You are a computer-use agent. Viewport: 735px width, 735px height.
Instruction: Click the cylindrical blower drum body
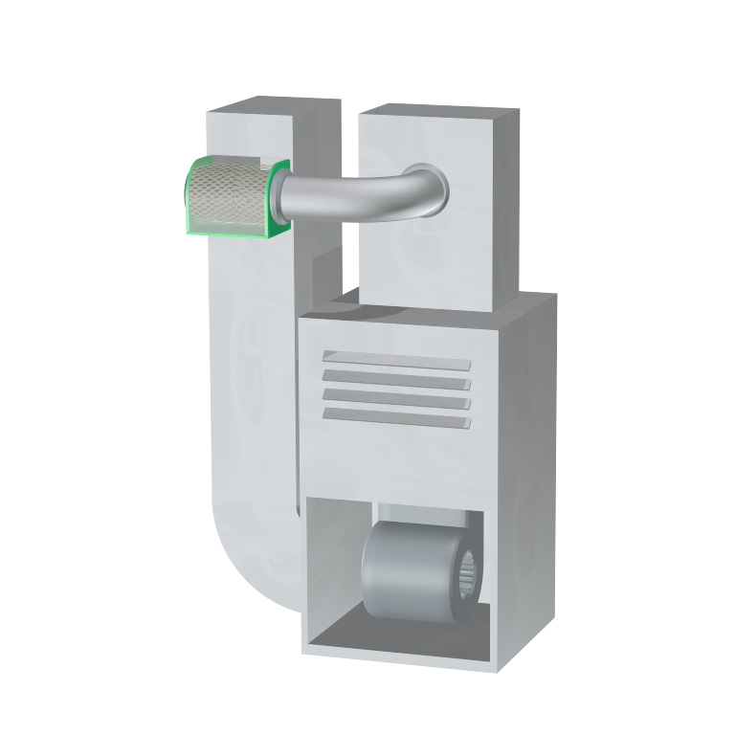click(402, 570)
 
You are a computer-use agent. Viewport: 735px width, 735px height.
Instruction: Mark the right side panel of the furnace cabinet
click(526, 479)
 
